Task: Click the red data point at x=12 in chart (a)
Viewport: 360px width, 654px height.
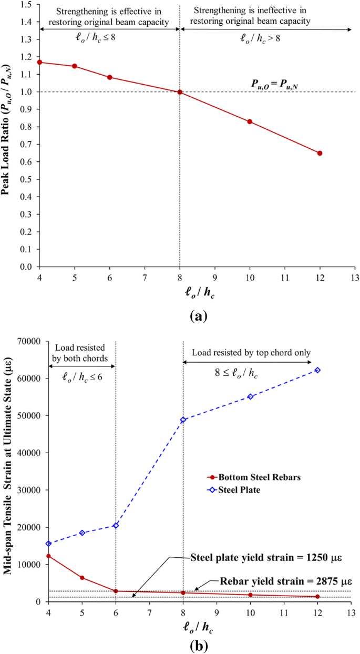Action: [320, 153]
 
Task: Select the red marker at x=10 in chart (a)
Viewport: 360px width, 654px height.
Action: [250, 121]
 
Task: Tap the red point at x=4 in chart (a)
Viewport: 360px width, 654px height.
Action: [39, 62]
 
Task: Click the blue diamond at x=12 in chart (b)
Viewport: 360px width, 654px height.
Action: [317, 370]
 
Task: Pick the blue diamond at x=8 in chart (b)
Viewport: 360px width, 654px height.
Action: [183, 420]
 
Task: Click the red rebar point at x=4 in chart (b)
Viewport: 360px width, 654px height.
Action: [48, 556]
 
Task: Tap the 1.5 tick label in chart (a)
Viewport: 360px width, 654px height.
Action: [26, 5]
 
